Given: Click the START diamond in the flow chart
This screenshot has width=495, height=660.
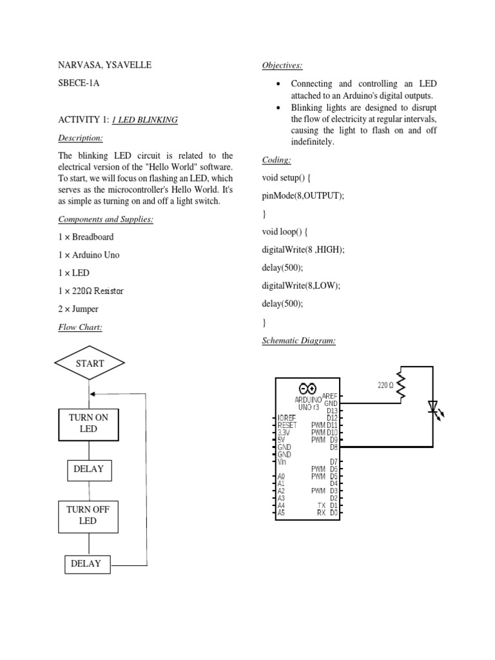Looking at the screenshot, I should tap(90, 364).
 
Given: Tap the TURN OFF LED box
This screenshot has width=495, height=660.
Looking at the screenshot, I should tap(89, 515).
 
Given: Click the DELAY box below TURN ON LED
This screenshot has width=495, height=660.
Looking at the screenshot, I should tap(89, 470).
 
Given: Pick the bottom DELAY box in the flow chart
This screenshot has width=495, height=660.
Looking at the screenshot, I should tap(86, 564).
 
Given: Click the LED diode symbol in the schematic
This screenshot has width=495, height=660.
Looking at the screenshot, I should tap(432, 407).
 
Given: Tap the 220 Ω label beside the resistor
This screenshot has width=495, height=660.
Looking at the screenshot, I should tap(385, 385).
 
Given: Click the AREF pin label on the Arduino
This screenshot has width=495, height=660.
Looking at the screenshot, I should tap(329, 396).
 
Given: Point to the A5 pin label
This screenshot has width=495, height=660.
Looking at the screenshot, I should tap(281, 513).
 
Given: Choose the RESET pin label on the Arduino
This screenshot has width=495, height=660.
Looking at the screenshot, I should tap(287, 425).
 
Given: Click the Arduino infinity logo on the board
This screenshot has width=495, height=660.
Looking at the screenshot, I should tap(307, 389).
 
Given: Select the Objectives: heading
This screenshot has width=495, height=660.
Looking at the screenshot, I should tap(282, 65).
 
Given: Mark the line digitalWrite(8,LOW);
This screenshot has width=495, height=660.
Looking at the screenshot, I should tap(301, 285).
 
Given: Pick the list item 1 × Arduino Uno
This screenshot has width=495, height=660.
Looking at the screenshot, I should tap(89, 255).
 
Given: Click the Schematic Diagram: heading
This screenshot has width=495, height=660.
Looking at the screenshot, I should tap(298, 340).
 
